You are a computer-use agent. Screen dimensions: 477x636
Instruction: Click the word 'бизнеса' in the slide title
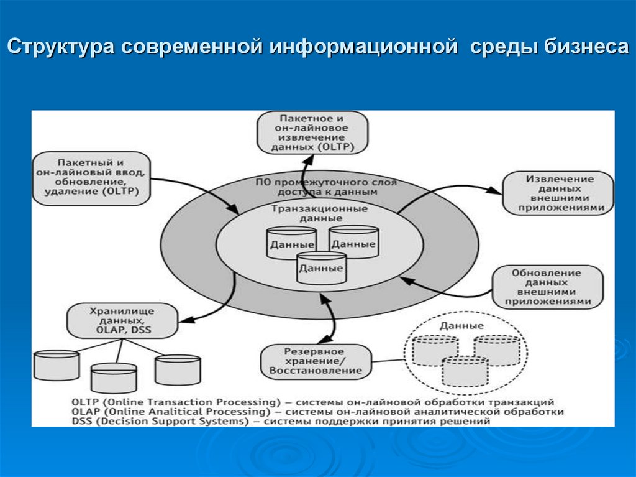[x=587, y=48]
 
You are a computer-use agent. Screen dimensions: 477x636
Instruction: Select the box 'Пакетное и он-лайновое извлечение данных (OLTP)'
[x=312, y=132]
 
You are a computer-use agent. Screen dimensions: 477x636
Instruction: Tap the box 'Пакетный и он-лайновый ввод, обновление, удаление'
[x=93, y=177]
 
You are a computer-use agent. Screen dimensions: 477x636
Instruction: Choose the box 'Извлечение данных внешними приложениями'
[x=557, y=193]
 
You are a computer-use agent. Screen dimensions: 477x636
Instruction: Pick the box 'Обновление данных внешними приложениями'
[x=547, y=287]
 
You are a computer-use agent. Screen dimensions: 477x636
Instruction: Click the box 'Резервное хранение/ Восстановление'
[x=316, y=361]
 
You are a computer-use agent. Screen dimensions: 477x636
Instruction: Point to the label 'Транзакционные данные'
[x=319, y=213]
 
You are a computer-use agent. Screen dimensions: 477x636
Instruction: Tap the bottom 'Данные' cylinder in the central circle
[x=321, y=268]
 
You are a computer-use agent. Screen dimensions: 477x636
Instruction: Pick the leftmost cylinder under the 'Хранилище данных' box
[x=57, y=365]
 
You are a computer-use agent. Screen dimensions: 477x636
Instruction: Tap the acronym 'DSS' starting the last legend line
[x=81, y=421]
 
